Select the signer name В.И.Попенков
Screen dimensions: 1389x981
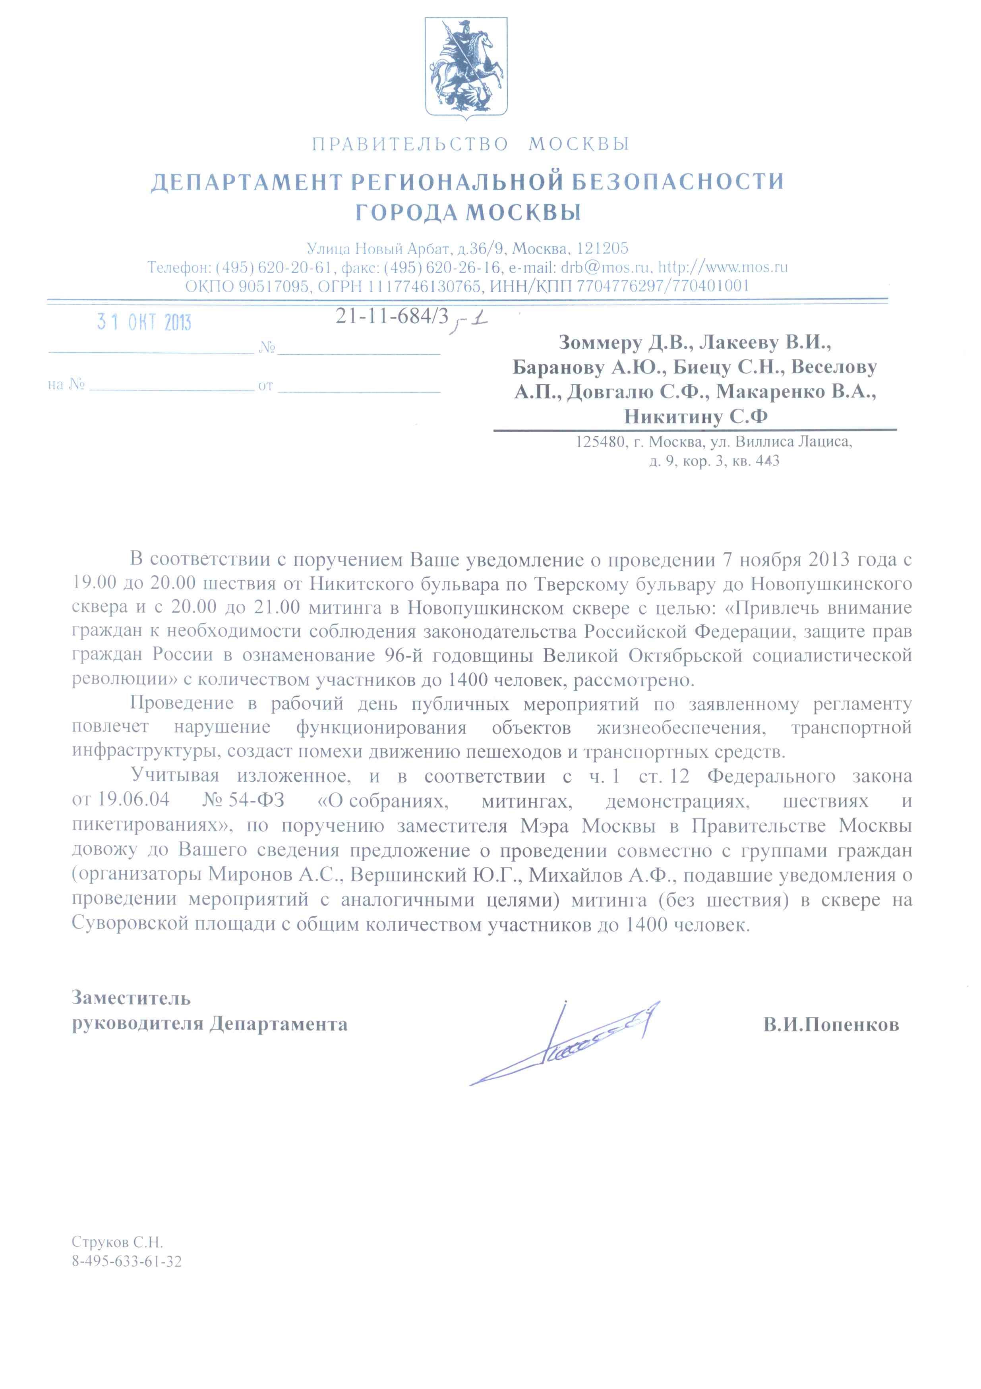pos(831,1025)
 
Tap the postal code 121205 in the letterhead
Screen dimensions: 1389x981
pos(602,249)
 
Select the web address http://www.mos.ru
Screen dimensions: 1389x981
pos(723,267)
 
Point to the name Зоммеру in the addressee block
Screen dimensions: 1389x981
pos(600,343)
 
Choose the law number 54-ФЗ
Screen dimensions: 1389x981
pos(257,800)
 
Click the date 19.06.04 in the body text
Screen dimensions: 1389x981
pos(133,800)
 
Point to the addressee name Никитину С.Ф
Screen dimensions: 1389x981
pos(696,417)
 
